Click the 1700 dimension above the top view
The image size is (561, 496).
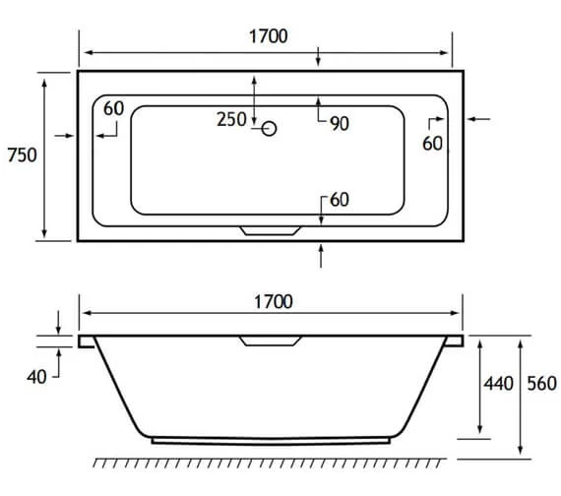267,36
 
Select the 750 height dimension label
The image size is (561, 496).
22,155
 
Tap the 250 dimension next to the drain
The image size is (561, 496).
231,120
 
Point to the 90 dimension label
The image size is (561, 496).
340,123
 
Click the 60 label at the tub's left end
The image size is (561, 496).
113,108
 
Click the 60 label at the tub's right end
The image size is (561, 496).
433,143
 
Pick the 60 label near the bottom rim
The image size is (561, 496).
340,200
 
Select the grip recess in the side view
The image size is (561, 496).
270,341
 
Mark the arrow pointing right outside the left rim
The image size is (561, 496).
63,136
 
